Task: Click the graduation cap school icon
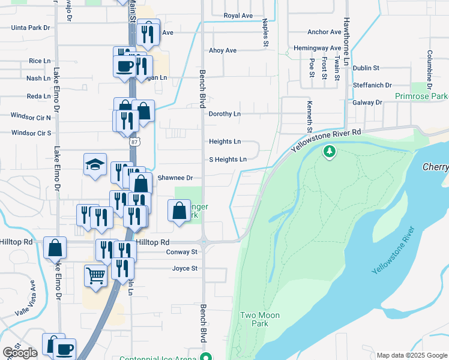[95, 165]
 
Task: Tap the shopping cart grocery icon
[95, 276]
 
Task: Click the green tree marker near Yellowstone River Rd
[329, 152]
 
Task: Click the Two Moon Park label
[260, 319]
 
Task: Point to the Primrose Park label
[421, 96]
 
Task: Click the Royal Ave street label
[238, 15]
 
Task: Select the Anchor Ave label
[324, 32]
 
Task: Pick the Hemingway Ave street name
[318, 47]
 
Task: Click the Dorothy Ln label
[224, 113]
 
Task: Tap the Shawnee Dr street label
[175, 178]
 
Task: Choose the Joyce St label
[185, 268]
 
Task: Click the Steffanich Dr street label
[372, 85]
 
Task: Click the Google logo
[20, 353]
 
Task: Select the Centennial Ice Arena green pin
[206, 357]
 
